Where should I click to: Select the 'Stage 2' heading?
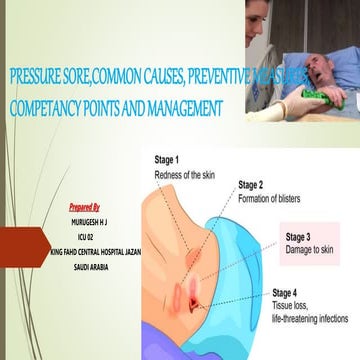coord(251,185)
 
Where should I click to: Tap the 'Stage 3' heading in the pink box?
coord(299,237)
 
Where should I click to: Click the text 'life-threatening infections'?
coord(310,318)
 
